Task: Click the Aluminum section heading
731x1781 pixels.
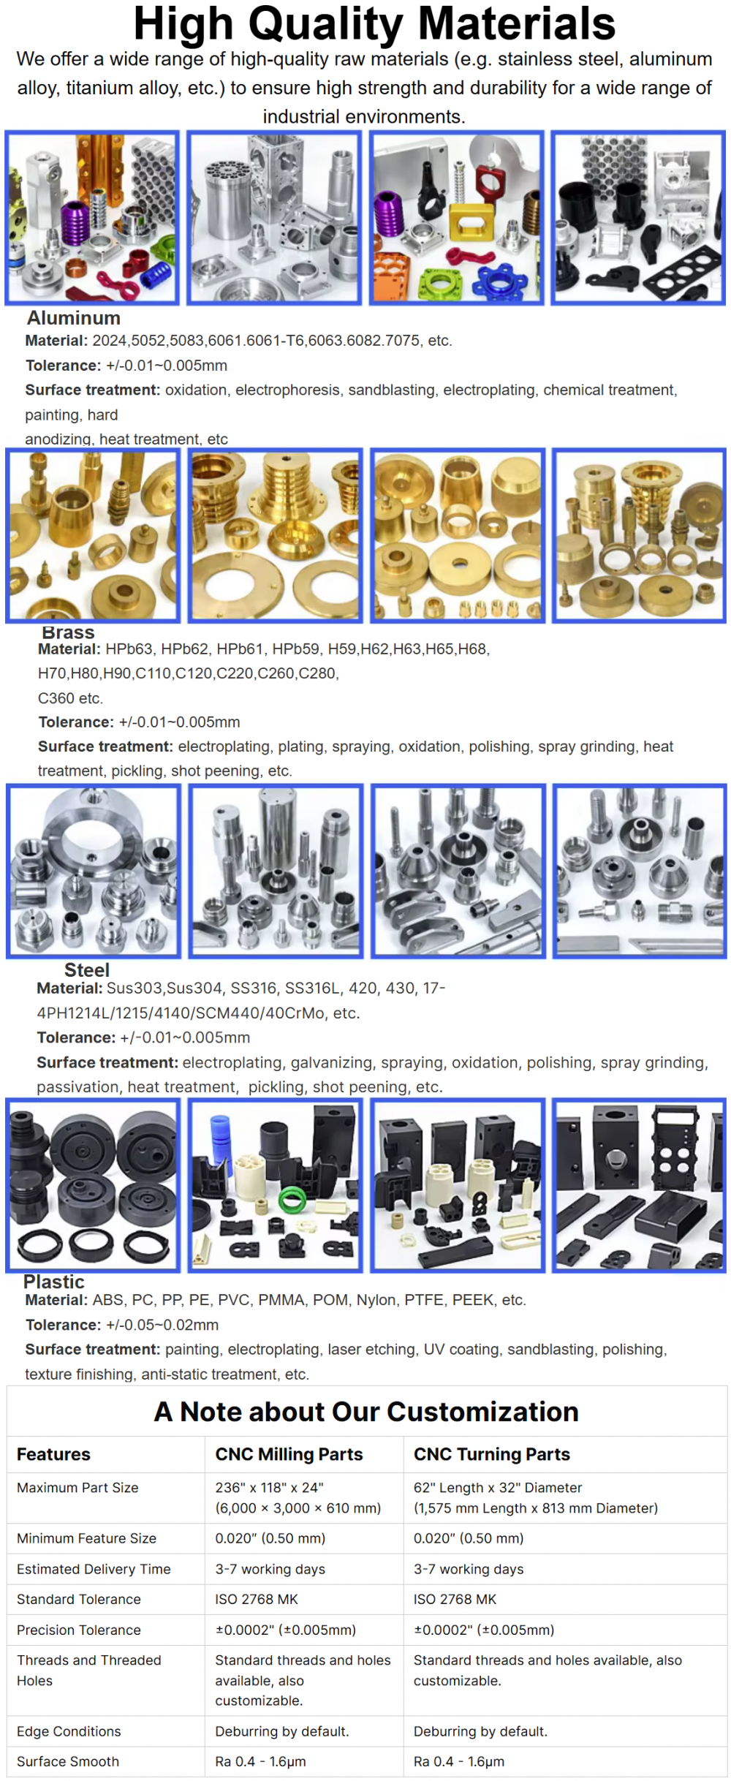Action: click(x=74, y=318)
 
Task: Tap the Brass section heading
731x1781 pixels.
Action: click(x=68, y=632)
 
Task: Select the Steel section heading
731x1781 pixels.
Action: click(x=87, y=970)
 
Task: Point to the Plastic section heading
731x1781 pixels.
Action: click(x=54, y=1282)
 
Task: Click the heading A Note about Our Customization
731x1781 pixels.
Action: click(x=366, y=1412)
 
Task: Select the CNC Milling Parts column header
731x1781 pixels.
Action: click(x=289, y=1454)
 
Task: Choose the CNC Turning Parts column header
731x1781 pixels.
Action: click(x=492, y=1454)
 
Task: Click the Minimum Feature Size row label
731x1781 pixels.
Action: click(x=86, y=1538)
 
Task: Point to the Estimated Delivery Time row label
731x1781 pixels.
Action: click(x=94, y=1569)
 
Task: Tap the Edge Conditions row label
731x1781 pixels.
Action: click(x=69, y=1731)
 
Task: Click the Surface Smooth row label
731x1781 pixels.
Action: click(x=68, y=1762)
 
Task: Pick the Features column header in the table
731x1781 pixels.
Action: click(x=53, y=1454)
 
